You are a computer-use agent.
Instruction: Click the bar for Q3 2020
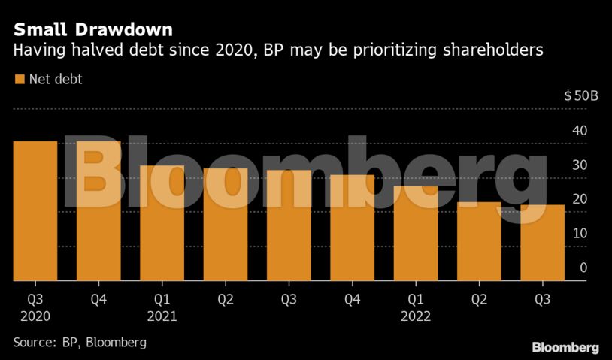click(35, 211)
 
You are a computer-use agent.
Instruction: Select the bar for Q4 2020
click(98, 211)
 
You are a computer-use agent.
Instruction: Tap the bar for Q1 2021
click(162, 223)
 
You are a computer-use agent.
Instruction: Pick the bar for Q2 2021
click(226, 225)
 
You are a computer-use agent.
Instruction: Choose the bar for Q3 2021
click(289, 225)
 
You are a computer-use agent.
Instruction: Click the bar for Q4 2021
click(352, 228)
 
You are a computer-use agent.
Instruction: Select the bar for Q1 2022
click(416, 234)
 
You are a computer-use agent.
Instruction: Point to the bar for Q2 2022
click(479, 241)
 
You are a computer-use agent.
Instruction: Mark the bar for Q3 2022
click(542, 243)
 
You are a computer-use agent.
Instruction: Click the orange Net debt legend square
click(18, 78)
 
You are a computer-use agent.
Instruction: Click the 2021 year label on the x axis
click(162, 316)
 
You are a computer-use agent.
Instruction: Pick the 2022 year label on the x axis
click(416, 316)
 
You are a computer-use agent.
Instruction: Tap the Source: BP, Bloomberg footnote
click(80, 342)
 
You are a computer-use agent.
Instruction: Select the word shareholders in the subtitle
click(489, 50)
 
